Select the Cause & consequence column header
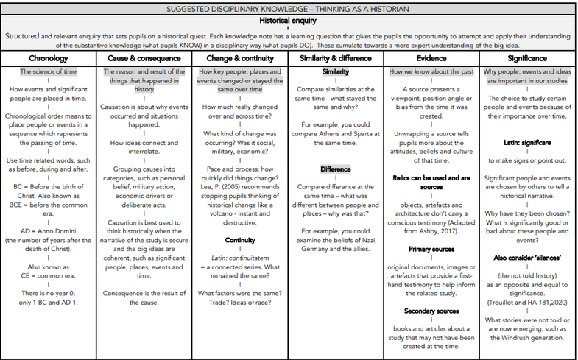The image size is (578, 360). (144, 58)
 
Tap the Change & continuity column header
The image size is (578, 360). (241, 58)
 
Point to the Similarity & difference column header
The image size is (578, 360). (335, 58)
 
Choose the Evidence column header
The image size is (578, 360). (431, 58)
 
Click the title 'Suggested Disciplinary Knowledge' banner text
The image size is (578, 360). (289, 8)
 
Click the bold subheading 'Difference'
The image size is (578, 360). (335, 169)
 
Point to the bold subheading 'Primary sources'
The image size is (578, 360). (431, 249)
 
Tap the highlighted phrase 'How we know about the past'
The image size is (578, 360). (431, 72)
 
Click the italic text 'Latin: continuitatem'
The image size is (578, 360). (241, 258)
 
